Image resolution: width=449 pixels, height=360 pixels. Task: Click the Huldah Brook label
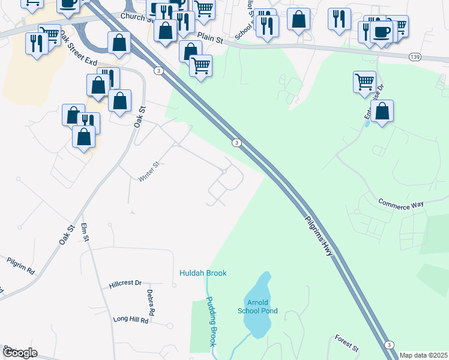pos(203,273)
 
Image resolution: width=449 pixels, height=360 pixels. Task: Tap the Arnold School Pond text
pos(261,306)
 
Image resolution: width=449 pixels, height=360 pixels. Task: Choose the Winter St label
pos(148,171)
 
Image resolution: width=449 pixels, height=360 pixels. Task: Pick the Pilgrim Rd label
pos(21,265)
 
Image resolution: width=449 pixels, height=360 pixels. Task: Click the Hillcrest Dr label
pos(125,283)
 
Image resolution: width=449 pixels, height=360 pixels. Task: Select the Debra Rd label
pos(151,303)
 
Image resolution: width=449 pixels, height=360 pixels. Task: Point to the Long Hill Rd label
pos(131,320)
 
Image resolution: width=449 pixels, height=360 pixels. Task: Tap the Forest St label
pos(346,343)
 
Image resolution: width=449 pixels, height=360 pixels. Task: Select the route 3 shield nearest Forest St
pos(390,344)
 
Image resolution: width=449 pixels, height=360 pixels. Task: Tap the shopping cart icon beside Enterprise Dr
pos(364,82)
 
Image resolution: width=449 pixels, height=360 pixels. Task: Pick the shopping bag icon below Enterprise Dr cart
pos(382,111)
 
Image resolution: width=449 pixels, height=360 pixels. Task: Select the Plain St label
pos(210,38)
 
